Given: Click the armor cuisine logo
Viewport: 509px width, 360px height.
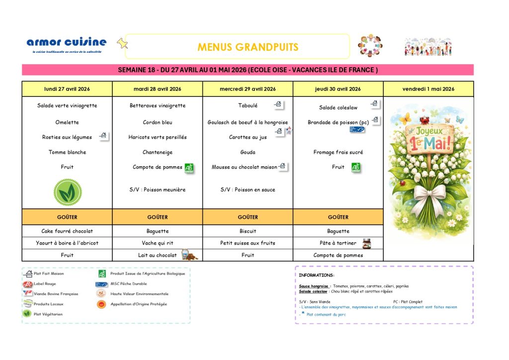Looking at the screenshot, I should pos(66,43).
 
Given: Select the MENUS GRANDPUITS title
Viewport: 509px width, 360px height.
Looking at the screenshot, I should pos(248,47).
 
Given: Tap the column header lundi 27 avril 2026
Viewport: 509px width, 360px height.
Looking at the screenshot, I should pos(67,89).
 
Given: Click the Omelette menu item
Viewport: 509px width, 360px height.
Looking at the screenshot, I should pos(67,122).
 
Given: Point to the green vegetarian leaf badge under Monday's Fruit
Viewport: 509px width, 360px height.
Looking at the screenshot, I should pos(68,192).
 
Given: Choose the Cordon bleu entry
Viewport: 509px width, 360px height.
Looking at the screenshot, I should pos(158,122).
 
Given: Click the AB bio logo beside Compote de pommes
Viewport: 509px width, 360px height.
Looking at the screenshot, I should pos(189,168).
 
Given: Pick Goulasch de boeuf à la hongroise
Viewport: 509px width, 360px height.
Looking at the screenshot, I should pos(248,122).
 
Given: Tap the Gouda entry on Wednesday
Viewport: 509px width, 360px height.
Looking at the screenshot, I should pos(248,152).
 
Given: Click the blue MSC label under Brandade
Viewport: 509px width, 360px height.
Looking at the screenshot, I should pos(357,129).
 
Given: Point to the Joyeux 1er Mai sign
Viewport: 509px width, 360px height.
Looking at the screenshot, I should pos(428,139).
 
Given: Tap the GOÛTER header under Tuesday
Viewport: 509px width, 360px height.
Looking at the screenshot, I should pos(158,217).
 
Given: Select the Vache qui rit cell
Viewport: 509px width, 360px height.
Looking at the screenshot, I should pos(158,243).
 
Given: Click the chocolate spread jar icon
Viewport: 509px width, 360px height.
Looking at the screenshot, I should pos(366,243).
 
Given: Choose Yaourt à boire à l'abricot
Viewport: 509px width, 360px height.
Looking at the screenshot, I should pos(67,243).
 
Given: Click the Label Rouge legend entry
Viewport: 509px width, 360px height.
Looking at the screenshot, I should pos(45,284).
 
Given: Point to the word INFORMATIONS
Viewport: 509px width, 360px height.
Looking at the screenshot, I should pos(316,275).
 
